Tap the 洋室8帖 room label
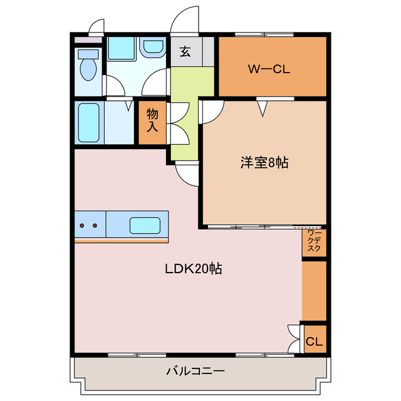coord(264,163)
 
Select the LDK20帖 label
coord(194,269)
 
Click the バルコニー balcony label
coord(195,371)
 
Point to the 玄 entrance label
coord(185,52)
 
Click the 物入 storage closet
coord(152,122)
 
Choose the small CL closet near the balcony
coord(315,342)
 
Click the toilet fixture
coord(88,66)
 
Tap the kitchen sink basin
coord(145,225)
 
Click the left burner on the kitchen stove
coord(83,225)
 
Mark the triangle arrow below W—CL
coord(262,109)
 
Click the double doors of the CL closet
coord(293,339)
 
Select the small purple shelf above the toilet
coord(87,41)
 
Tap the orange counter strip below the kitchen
coord(121,240)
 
